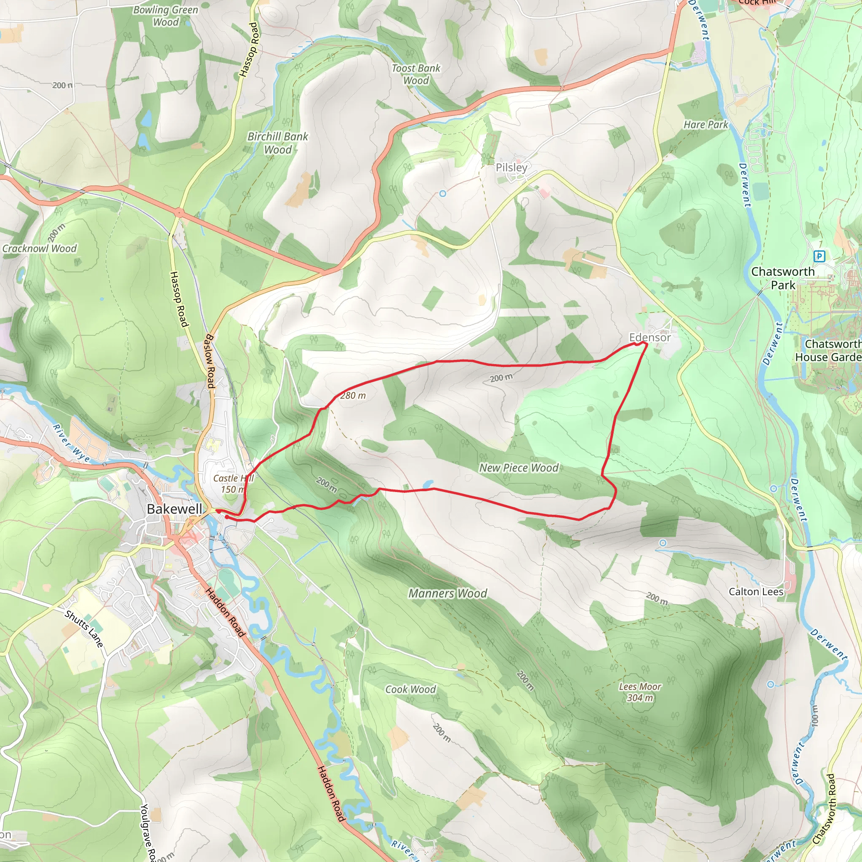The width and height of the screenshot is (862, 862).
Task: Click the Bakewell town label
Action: (x=174, y=509)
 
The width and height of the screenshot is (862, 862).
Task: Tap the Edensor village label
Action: (x=649, y=338)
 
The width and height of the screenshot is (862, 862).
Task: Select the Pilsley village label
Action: (x=511, y=168)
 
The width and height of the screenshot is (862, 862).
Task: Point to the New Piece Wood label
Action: (x=519, y=468)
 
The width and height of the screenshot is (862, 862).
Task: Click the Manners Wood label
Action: (x=447, y=593)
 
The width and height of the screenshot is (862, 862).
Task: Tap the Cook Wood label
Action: (x=410, y=689)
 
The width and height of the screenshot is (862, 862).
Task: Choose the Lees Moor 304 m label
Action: (x=640, y=692)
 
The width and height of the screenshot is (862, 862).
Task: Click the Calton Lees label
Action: (x=756, y=592)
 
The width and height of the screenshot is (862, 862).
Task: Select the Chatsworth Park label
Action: (x=782, y=278)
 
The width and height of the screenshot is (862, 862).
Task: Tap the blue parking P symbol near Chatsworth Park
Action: (x=819, y=256)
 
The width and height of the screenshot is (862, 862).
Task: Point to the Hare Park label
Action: (x=705, y=125)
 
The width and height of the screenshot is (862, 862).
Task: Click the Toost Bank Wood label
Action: (x=416, y=74)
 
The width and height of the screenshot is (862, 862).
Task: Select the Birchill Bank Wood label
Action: (x=277, y=143)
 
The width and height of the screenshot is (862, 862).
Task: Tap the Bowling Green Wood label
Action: (x=165, y=16)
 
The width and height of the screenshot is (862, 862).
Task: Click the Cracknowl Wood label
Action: (x=39, y=248)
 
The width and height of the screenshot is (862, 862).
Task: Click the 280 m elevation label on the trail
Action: (x=353, y=396)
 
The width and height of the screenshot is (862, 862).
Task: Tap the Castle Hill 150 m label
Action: (x=233, y=484)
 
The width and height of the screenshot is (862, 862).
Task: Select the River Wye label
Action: (x=72, y=443)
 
